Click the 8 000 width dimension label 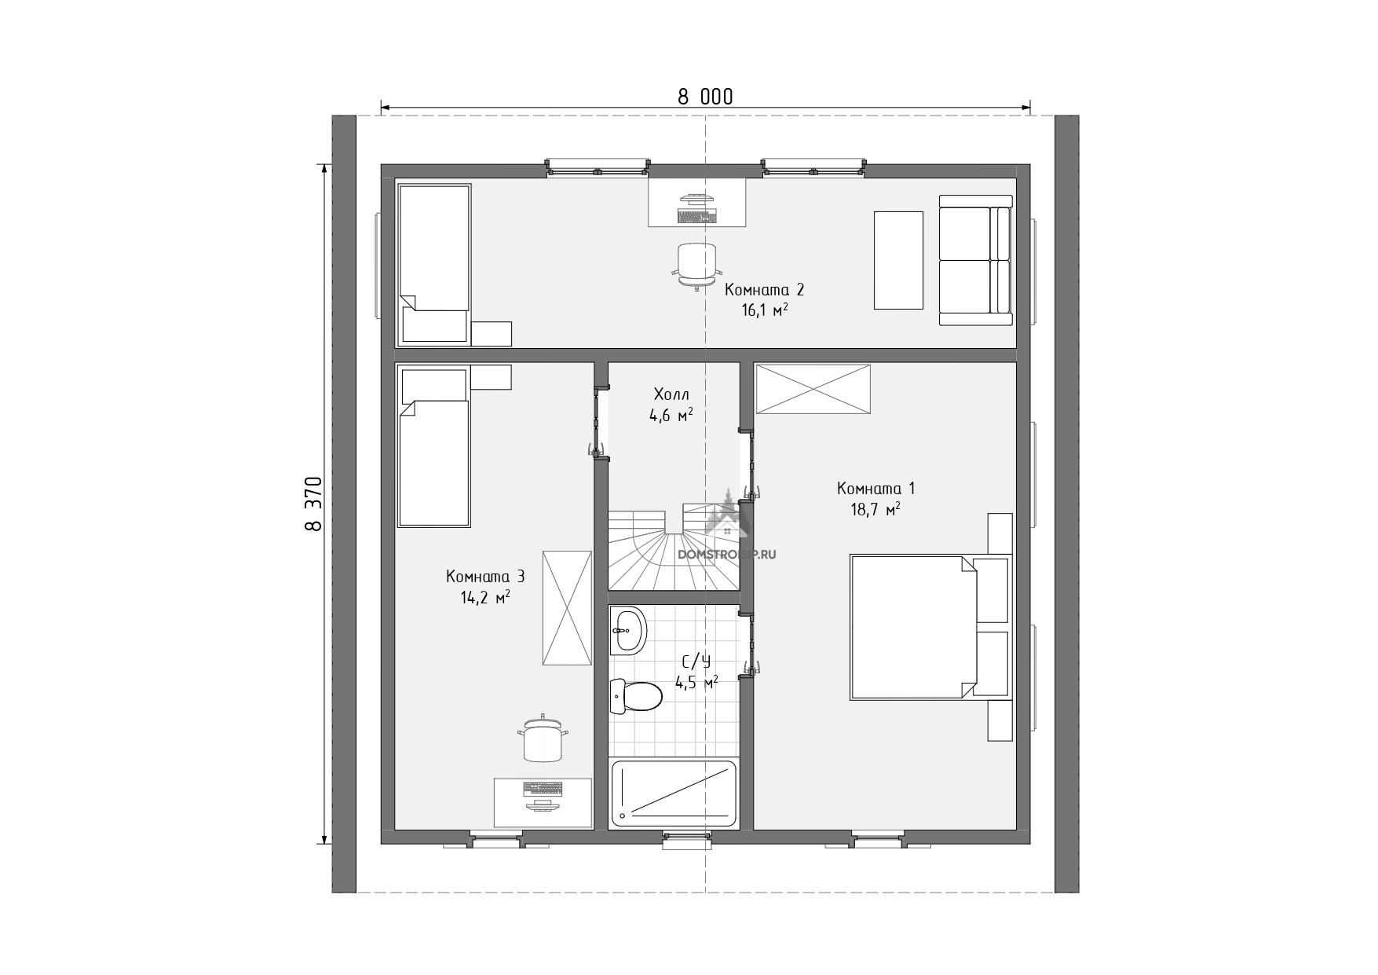705,97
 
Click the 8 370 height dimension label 313,504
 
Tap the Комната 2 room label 764,290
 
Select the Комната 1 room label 875,489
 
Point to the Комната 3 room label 485,577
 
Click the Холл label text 671,394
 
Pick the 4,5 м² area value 696,684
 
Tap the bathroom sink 628,630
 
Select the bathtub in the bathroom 674,793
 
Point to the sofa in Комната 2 975,260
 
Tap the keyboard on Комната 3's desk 543,788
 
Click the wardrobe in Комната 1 813,388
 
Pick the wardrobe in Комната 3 567,608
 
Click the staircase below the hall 673,547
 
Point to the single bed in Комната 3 435,446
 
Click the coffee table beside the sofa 898,260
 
